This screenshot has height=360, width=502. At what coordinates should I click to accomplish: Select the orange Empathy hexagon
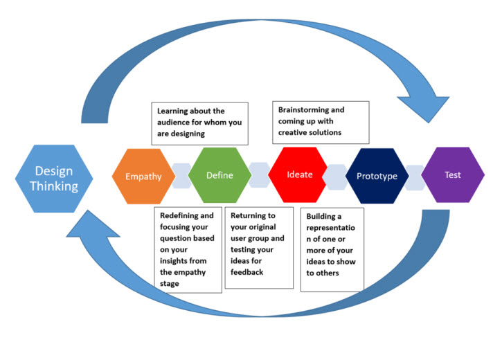tap(143, 176)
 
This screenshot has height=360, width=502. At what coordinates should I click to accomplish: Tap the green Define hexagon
tap(219, 176)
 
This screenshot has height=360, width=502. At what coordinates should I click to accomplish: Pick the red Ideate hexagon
tap(299, 174)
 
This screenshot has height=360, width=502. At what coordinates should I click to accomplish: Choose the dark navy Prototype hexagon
tap(377, 176)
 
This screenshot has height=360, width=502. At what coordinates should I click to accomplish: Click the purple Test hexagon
tap(452, 175)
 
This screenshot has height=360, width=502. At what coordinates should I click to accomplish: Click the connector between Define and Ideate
tap(259, 175)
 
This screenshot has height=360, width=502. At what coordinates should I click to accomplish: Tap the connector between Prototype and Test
tap(414, 176)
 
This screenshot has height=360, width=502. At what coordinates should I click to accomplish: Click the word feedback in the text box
tap(248, 273)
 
